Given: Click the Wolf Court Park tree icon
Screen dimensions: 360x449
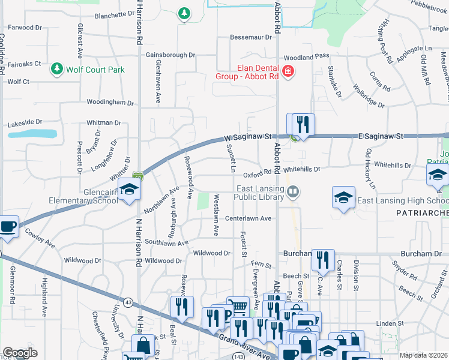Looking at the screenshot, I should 57,70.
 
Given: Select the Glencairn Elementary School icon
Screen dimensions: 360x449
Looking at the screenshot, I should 128,190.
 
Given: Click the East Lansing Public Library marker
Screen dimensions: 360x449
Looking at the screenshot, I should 293,192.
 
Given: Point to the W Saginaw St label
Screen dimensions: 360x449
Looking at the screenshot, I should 249,137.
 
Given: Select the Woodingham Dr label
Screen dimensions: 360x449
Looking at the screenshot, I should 110,103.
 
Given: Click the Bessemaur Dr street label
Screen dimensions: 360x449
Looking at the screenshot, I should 252,37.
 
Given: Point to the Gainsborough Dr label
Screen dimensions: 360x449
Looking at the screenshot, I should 170,55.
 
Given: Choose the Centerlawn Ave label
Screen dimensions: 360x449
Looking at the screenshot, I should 248,218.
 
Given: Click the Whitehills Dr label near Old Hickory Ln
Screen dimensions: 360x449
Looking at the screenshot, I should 391,164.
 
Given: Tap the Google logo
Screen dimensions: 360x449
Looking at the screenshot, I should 20,353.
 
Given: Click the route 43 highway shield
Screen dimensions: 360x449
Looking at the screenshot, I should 128,303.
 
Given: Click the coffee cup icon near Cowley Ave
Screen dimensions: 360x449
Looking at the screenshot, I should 8,227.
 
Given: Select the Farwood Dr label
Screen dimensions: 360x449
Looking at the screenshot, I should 25,28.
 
